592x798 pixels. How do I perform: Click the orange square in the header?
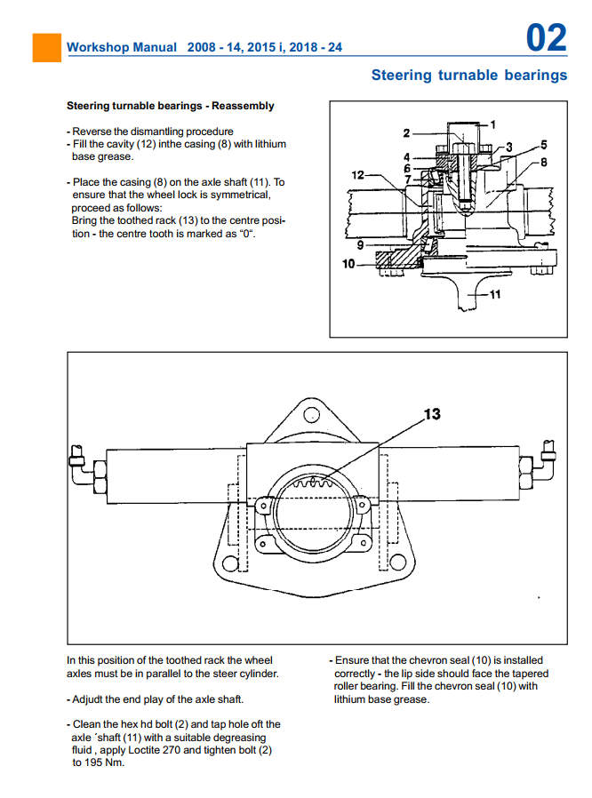(x=47, y=47)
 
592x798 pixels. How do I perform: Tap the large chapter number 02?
(x=546, y=38)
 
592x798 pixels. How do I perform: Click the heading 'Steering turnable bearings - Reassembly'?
(x=171, y=106)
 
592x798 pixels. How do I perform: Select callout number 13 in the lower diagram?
(x=431, y=414)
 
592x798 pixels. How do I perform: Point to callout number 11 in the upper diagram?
(x=494, y=295)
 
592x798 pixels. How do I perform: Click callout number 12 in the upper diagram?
(x=357, y=175)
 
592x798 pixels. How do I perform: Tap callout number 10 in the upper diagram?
(x=348, y=264)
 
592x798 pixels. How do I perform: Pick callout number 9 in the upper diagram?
(x=361, y=243)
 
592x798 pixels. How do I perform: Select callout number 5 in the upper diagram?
(x=543, y=144)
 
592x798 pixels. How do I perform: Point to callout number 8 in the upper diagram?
(x=543, y=162)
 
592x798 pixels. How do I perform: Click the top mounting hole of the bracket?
(x=311, y=415)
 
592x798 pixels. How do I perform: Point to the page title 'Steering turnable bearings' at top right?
(x=468, y=76)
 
